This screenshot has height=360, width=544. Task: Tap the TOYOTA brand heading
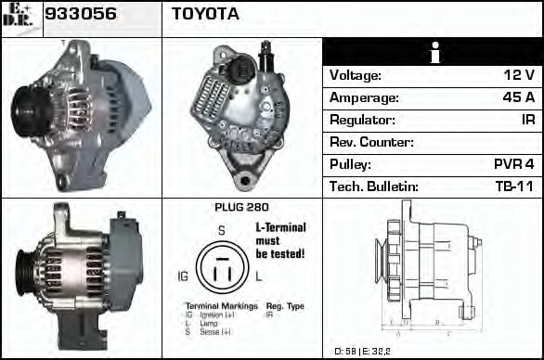point(205,14)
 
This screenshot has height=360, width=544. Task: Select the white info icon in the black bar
point(432,52)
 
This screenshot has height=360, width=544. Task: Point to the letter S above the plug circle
point(221,231)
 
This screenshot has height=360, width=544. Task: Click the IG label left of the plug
point(183,276)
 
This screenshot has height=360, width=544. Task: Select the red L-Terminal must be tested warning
point(280,239)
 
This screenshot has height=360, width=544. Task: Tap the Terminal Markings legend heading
point(220,306)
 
